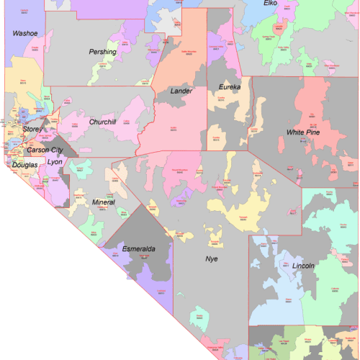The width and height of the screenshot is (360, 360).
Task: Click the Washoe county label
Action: click(x=24, y=33)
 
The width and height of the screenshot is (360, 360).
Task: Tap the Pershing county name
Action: click(x=102, y=53)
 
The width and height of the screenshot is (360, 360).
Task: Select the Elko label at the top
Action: click(x=270, y=4)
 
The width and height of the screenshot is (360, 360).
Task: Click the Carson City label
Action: click(x=45, y=150)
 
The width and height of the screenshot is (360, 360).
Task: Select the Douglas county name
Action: click(x=24, y=165)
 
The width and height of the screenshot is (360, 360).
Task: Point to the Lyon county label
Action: click(x=55, y=162)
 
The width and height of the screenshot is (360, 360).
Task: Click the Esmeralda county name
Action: click(x=139, y=249)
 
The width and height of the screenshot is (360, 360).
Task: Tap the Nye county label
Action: click(x=211, y=258)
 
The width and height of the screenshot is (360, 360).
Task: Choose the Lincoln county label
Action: click(x=303, y=266)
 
